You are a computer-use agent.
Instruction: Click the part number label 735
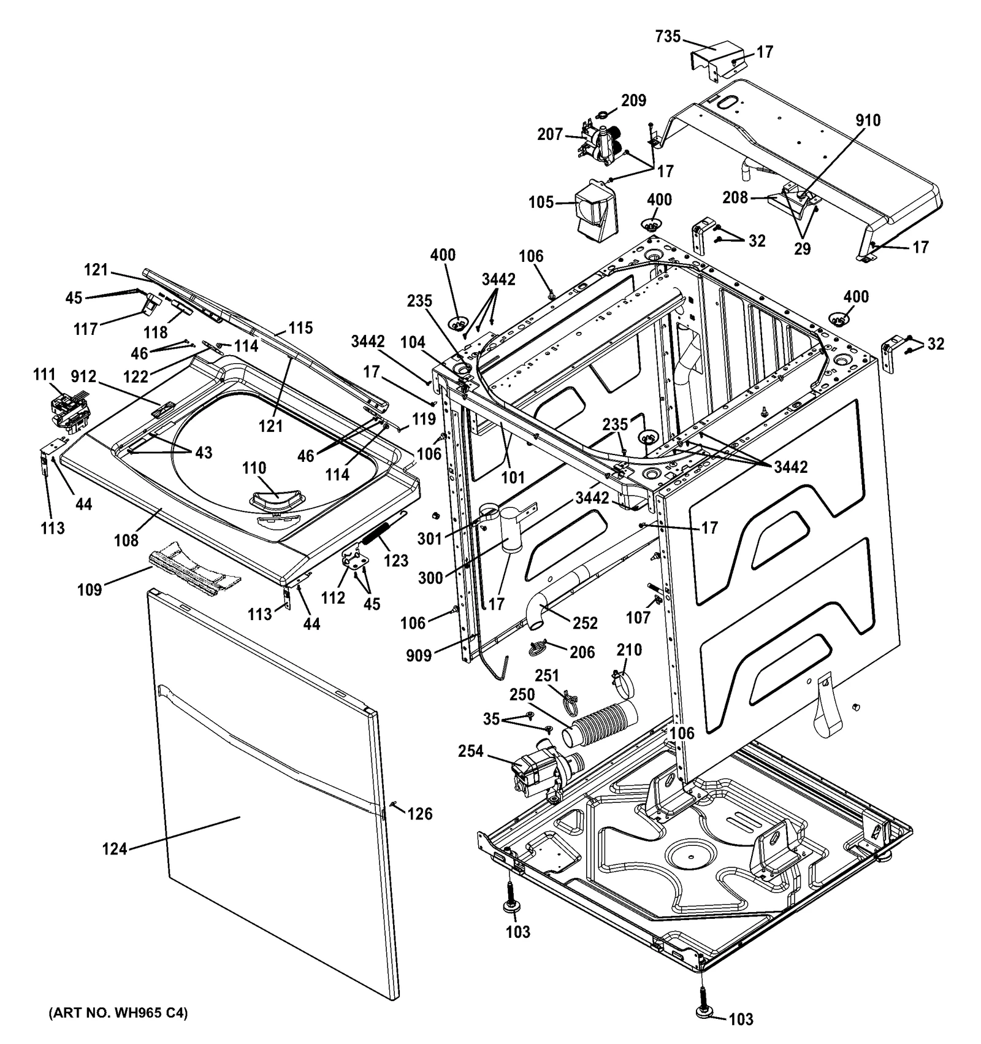coord(668,37)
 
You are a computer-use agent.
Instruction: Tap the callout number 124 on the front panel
coord(115,849)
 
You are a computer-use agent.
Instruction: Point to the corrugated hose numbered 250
coord(603,724)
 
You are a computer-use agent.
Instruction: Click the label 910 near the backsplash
coord(868,120)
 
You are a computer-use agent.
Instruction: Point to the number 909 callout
coord(419,656)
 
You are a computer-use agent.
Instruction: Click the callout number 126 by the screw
coord(420,814)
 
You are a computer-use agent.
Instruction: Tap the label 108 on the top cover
coord(126,540)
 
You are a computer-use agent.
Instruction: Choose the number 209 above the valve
coord(633,100)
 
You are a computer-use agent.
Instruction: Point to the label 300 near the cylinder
coord(430,578)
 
